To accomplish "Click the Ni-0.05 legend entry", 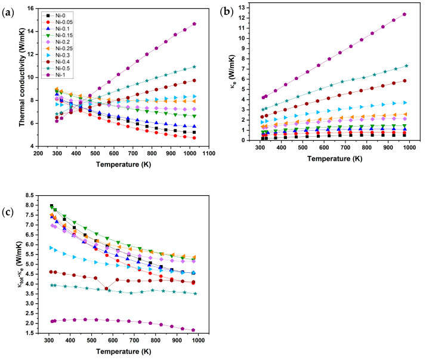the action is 58,22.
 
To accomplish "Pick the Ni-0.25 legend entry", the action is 58,49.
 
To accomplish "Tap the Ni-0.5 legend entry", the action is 56,69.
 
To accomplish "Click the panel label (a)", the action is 8,13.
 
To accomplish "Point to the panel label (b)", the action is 227,12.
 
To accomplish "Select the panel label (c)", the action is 8,213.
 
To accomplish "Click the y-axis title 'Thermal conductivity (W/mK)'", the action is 22,77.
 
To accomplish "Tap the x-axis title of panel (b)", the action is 335,159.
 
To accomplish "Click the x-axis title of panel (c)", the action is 124,351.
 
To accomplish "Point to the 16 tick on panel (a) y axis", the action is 30,9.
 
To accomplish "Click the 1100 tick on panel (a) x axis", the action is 209,153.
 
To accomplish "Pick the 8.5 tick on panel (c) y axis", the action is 29,195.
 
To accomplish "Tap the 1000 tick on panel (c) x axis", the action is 198,340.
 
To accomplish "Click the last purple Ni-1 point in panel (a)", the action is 195,24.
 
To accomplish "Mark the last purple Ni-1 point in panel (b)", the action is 405,14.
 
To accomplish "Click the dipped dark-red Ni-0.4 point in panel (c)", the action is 106,288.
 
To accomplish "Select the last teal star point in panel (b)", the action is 406,66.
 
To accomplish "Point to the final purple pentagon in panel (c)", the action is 193,330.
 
